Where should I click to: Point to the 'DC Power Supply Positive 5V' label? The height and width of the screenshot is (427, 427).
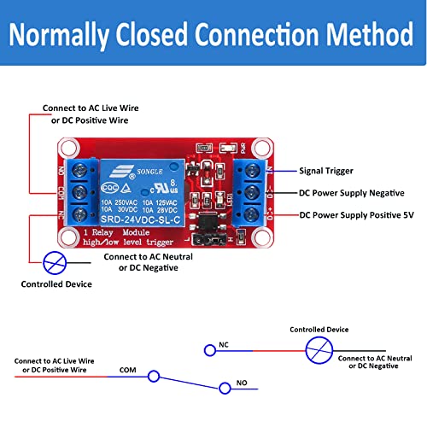(363, 216)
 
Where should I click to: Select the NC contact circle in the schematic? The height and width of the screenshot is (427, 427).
(209, 349)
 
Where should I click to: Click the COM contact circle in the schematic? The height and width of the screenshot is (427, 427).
(154, 375)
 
